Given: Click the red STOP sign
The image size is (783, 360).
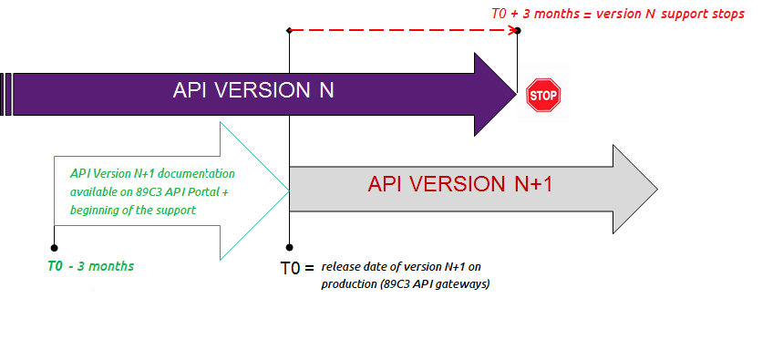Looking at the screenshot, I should (x=543, y=95).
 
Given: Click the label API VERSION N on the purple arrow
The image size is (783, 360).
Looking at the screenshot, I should (x=254, y=91).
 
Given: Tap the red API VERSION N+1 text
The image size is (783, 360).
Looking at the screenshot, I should (x=460, y=183).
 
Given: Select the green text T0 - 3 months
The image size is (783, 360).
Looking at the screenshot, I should (x=90, y=266).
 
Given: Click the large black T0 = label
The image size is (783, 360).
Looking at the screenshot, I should (x=297, y=269).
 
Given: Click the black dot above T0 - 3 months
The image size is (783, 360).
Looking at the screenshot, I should (x=54, y=246).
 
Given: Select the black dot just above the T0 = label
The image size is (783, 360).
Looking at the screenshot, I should (x=289, y=247).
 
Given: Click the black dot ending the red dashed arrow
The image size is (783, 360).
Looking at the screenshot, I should (x=518, y=31).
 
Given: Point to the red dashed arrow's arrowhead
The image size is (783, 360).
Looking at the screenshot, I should (x=510, y=31).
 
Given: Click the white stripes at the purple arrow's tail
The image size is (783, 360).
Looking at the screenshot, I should (x=7, y=94).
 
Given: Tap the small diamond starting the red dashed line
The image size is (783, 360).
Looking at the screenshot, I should (x=289, y=31).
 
